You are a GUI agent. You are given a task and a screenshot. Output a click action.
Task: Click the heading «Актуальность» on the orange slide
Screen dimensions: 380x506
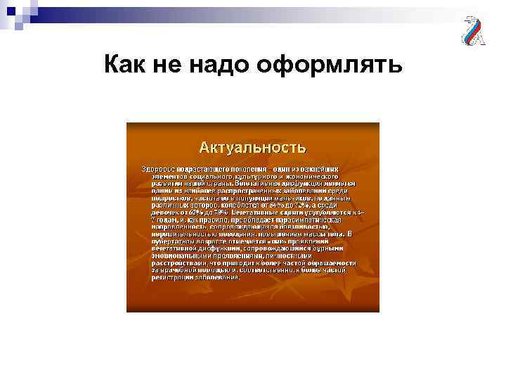(252, 147)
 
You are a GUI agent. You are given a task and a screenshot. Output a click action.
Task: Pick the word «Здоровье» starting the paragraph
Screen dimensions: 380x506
(158, 170)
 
